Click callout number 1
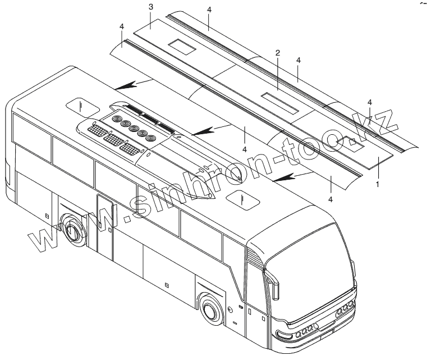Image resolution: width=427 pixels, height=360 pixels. click(378, 184)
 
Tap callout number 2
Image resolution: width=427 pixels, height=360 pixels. click(277, 53)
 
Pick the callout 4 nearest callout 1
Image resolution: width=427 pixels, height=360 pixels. click(331, 199)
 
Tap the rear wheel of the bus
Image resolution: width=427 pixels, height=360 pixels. click(72, 230)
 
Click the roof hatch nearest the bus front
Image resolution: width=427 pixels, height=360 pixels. click(242, 197)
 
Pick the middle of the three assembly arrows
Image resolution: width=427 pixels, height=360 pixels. click(204, 131)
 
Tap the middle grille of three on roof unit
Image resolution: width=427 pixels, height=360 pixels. click(115, 139)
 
